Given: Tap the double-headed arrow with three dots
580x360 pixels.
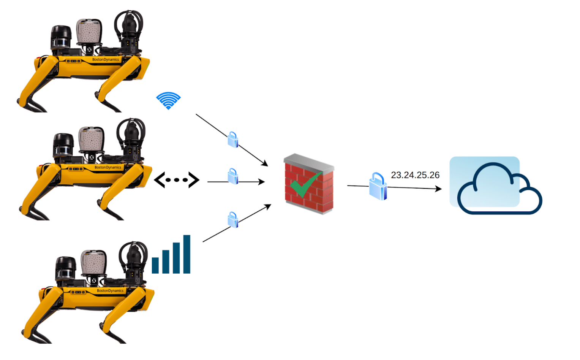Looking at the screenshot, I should pyautogui.click(x=177, y=180).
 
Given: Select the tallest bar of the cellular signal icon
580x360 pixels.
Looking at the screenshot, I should pyautogui.click(x=186, y=254).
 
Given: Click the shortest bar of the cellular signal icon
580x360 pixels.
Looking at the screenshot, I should pyautogui.click(x=155, y=265).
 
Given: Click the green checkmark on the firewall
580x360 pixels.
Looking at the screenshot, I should pyautogui.click(x=306, y=184).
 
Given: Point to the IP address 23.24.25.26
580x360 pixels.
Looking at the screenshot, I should pyautogui.click(x=415, y=175).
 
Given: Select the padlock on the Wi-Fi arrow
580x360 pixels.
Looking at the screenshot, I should pyautogui.click(x=233, y=140).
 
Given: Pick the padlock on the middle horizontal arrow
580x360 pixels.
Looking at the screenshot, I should pyautogui.click(x=233, y=176).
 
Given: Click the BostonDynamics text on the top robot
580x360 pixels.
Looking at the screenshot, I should pyautogui.click(x=106, y=60).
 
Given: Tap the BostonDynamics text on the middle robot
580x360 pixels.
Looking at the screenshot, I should pyautogui.click(x=108, y=167).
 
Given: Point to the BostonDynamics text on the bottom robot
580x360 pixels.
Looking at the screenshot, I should pyautogui.click(x=110, y=291).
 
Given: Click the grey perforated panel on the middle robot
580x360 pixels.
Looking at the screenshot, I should pyautogui.click(x=91, y=139).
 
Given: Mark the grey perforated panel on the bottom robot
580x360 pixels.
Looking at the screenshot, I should pyautogui.click(x=93, y=262).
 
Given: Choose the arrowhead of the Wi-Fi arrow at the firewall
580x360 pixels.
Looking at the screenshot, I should pyautogui.click(x=265, y=164).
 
